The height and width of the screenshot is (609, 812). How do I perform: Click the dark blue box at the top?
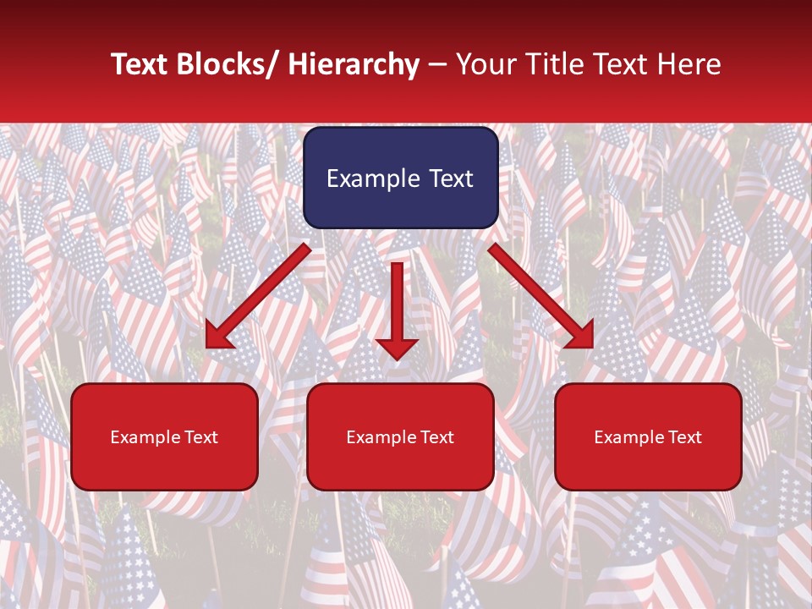[400, 178]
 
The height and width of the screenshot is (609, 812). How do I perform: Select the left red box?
[164, 436]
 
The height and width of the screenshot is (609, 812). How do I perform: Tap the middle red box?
[400, 436]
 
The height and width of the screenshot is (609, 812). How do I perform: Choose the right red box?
[648, 436]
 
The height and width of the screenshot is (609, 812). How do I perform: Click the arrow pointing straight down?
[397, 310]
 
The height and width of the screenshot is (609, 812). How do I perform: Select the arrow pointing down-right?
[540, 297]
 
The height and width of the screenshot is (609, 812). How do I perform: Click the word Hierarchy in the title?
[354, 64]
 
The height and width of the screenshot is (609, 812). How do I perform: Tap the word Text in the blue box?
[449, 178]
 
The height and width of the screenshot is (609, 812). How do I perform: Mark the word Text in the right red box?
[684, 437]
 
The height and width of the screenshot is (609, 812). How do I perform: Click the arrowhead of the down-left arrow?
[219, 335]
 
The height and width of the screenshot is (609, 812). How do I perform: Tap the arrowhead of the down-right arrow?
[579, 335]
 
